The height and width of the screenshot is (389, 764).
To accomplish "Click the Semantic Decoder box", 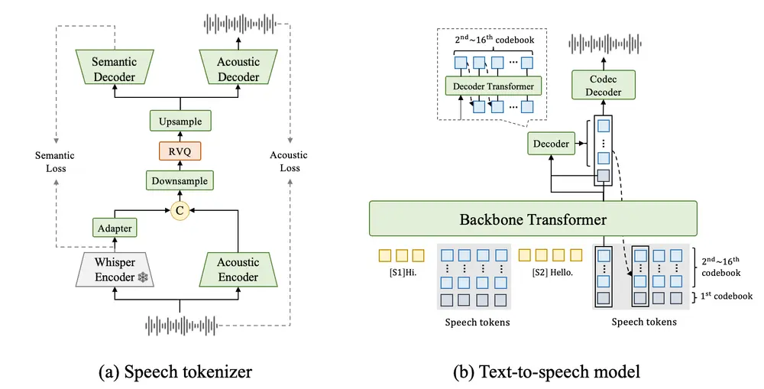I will (114, 69).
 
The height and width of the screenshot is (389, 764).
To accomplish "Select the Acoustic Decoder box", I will (238, 69).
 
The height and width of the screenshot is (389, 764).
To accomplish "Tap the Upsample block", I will (180, 121).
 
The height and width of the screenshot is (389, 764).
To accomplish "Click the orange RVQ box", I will (180, 151).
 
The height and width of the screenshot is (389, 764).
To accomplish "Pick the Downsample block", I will (180, 180).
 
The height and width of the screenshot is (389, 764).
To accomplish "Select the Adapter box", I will (114, 227).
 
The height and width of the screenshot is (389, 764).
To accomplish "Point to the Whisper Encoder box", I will (114, 270).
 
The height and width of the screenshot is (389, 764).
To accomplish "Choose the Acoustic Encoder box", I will (238, 270).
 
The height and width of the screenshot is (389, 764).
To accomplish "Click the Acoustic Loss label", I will (289, 162).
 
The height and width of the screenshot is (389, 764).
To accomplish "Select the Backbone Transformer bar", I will (533, 219).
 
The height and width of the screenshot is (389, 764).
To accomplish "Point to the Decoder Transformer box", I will (494, 86).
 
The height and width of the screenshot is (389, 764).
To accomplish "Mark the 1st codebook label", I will (726, 296).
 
